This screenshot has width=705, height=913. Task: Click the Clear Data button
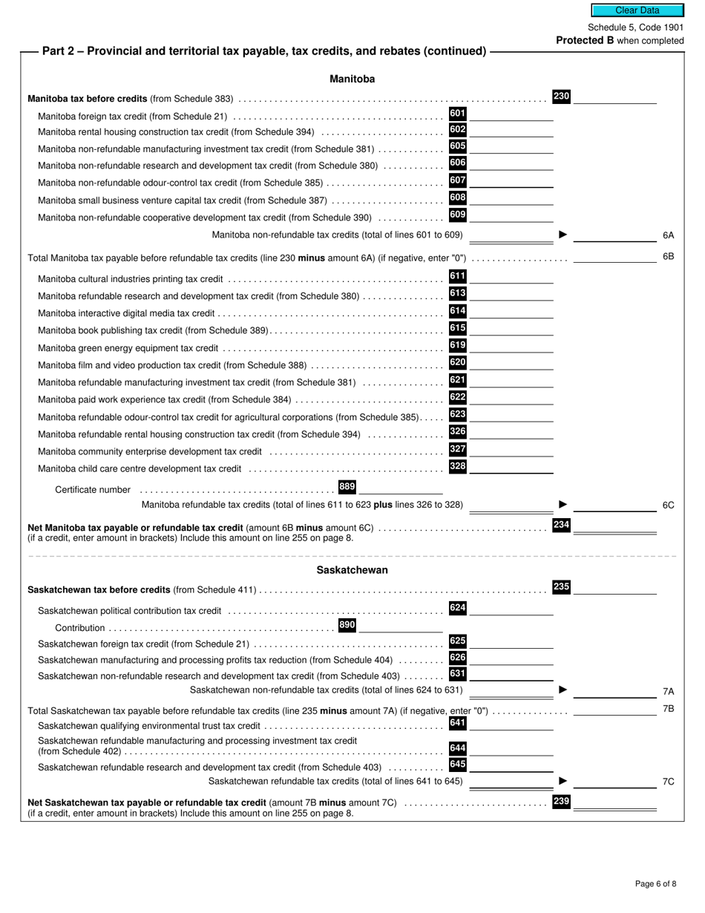click(637, 10)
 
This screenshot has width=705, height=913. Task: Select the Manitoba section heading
click(352, 79)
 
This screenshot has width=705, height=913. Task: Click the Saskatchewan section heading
click(352, 570)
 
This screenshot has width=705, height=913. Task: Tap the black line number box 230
click(561, 96)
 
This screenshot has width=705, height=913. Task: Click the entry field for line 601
click(511, 114)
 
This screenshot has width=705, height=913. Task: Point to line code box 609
click(457, 215)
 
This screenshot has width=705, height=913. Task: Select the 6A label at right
click(668, 235)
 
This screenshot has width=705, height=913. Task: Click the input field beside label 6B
click(614, 257)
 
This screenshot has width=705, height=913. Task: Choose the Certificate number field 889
click(400, 488)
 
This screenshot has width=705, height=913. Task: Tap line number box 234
click(561, 525)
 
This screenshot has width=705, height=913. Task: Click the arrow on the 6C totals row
click(563, 505)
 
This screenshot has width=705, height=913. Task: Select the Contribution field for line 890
click(400, 626)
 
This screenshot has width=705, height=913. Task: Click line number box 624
click(457, 608)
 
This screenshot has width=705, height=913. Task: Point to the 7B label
click(668, 709)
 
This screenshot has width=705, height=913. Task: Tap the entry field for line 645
click(511, 765)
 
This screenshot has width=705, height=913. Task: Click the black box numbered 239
click(561, 802)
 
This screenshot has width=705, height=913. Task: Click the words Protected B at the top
click(585, 41)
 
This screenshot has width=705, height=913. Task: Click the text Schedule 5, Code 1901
click(635, 27)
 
